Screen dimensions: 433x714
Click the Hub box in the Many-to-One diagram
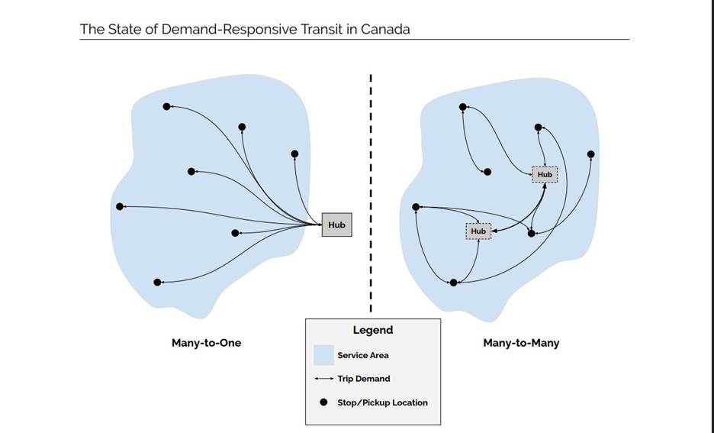[x=336, y=225]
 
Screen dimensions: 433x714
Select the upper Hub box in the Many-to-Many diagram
[x=545, y=175]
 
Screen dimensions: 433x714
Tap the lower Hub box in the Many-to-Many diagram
[x=478, y=231]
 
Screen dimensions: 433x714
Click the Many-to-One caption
[x=206, y=343]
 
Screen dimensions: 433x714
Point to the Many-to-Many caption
[x=521, y=343]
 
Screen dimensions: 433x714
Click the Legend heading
[x=372, y=330]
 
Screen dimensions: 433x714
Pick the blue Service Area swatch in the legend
[x=323, y=355]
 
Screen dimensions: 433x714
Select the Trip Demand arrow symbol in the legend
[x=323, y=379]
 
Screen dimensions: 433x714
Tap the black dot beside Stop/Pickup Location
[x=323, y=402]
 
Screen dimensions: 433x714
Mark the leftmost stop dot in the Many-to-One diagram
[x=120, y=206]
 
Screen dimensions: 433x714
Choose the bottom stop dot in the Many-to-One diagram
[x=157, y=283]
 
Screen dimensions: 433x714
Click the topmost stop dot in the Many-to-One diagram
[x=166, y=106]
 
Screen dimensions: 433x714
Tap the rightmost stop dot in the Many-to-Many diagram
[x=590, y=154]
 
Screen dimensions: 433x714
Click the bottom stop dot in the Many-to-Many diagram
[x=453, y=283]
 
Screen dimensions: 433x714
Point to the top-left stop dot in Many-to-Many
[x=462, y=107]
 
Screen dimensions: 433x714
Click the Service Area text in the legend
[x=363, y=355]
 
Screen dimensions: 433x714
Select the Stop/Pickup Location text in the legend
[x=382, y=402]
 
